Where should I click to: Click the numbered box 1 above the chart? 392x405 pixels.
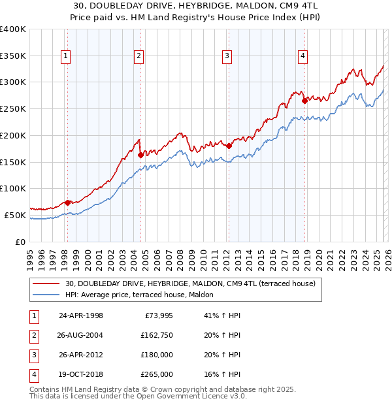[x=67, y=57]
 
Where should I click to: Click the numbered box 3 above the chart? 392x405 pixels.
[x=227, y=57]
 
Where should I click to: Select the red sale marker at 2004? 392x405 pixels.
[x=140, y=155]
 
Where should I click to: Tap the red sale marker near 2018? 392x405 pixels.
[x=304, y=101]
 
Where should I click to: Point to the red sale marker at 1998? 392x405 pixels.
[x=67, y=202]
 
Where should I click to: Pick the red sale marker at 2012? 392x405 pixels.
[x=229, y=146]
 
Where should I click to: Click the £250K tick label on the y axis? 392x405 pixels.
[x=13, y=108]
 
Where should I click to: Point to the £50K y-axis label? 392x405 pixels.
[x=15, y=215]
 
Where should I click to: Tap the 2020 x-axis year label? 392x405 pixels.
[x=319, y=255]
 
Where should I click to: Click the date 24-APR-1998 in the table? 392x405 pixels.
[x=81, y=316]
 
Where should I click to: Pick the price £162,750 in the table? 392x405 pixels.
[x=156, y=335]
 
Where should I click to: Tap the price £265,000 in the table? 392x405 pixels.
[x=156, y=374]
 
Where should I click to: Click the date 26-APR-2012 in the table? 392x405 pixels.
[x=81, y=355]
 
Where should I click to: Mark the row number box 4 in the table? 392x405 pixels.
[x=33, y=374]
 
